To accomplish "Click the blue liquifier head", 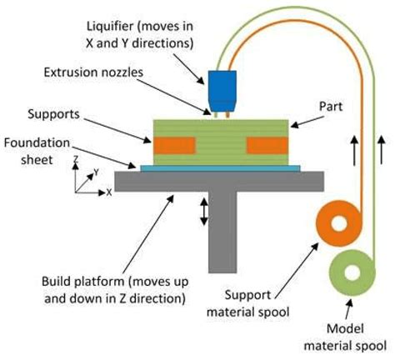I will pos(222,86).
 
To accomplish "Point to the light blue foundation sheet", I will pos(221,168).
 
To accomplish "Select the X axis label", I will pos(109,192).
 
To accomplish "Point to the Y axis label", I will pos(97,172).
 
